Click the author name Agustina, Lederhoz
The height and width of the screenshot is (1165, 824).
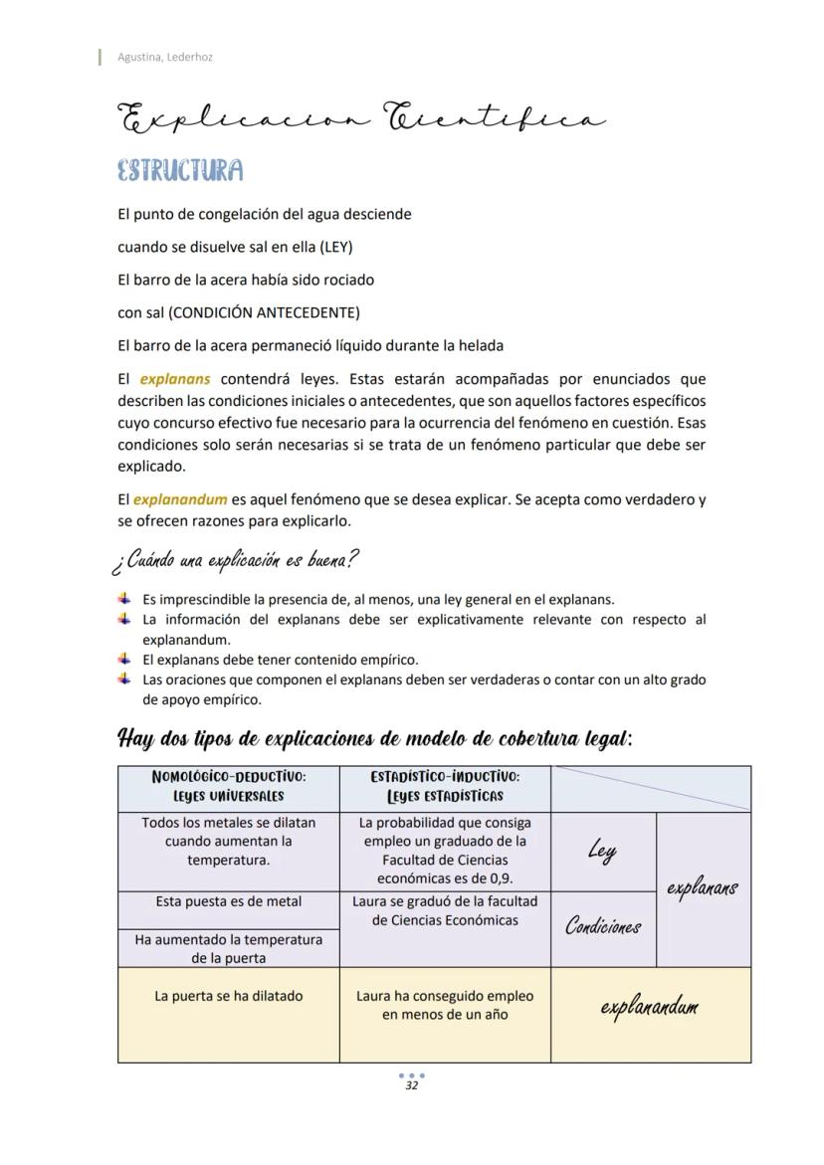coord(165,57)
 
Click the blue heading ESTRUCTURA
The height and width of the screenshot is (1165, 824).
coord(180,170)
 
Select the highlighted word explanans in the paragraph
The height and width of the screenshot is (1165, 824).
coord(175,379)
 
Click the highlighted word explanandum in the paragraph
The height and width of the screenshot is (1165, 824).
coord(180,499)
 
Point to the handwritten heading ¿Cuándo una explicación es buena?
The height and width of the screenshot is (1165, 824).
coord(235,560)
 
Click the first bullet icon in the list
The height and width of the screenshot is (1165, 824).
coord(124,599)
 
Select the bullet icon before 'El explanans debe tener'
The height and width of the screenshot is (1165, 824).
coord(124,659)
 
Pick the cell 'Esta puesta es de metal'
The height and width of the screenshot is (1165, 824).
coord(229,901)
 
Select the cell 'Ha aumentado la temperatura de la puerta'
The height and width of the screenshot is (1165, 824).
coord(229,948)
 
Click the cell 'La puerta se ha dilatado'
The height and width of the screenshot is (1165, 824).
coord(229,996)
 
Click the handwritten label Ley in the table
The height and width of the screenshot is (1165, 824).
coord(601,851)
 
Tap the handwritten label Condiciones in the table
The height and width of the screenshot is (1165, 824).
coord(603,927)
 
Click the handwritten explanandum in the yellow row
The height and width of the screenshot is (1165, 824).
coord(650,1007)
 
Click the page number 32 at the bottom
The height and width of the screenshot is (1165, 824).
coord(411,1085)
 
